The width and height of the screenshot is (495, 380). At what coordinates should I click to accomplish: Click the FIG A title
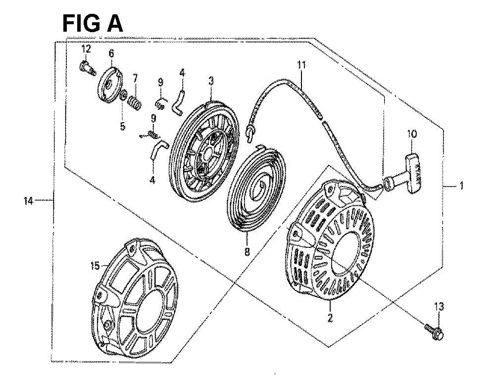point(93,23)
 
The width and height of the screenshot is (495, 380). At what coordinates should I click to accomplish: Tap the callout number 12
point(87,48)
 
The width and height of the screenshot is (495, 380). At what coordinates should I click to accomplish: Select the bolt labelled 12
point(86,68)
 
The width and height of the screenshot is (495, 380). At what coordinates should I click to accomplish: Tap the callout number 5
point(122,126)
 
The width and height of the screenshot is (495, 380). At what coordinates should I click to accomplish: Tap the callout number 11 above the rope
point(302,64)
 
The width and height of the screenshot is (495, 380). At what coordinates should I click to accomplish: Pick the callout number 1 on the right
point(461,186)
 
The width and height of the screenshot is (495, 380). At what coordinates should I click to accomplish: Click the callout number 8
point(247,252)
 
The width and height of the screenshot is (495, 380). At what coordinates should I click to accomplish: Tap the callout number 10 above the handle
point(412,134)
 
